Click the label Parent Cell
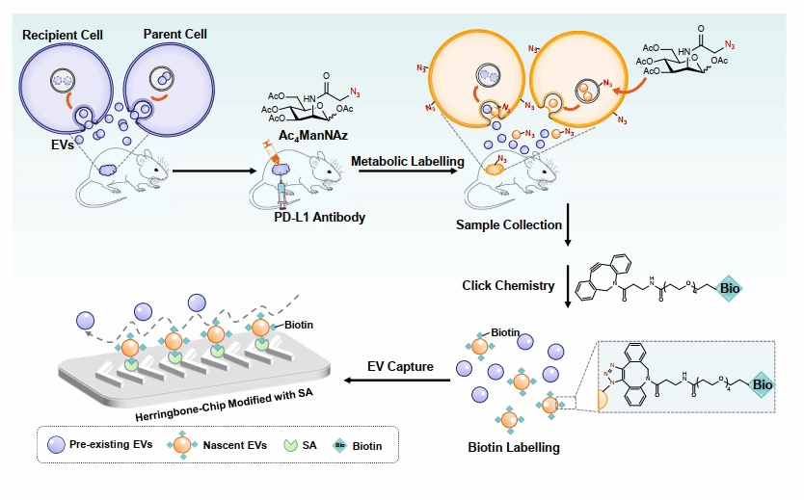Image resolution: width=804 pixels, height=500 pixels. [x=175, y=35]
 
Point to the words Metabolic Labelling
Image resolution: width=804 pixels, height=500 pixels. [x=407, y=161]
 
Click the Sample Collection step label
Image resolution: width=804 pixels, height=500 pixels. [x=508, y=224]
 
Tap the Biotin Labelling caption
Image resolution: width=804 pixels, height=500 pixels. [x=514, y=447]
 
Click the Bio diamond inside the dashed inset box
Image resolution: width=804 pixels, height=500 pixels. [x=763, y=384]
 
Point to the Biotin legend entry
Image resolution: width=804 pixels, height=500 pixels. [x=359, y=445]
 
